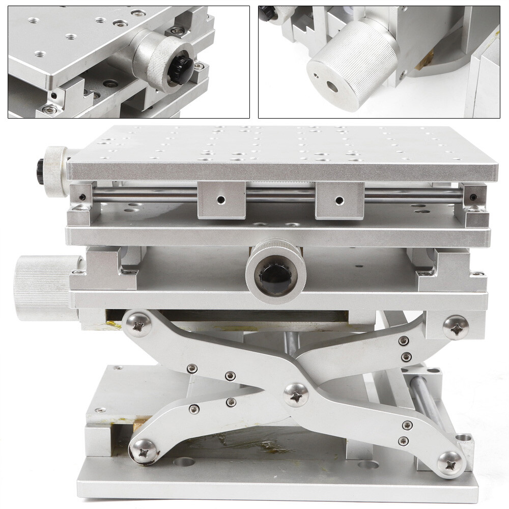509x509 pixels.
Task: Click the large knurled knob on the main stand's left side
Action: pos(43,288)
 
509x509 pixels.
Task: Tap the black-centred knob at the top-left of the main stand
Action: pos(53,171)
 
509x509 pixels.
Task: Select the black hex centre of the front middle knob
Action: pos(275,279)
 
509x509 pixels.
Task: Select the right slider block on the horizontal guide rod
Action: pos(340,200)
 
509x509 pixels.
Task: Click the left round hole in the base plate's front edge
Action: pos(184,463)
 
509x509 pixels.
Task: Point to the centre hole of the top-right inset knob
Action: pos(333,87)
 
